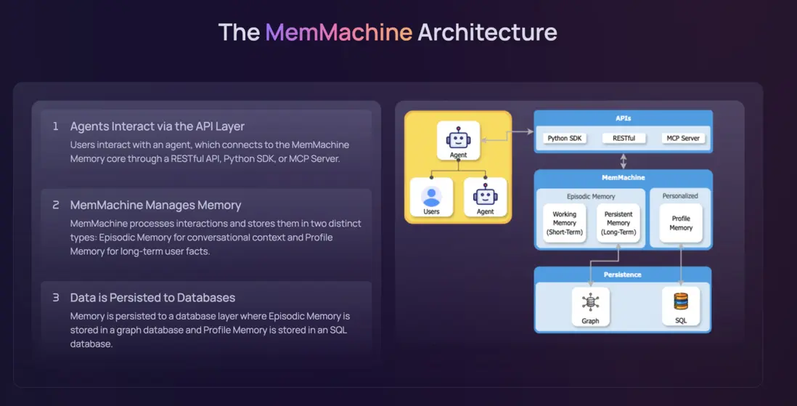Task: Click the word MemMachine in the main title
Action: [x=338, y=33]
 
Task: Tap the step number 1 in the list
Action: [x=55, y=126]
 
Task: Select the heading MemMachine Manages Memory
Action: [x=155, y=206]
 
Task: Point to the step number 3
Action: [x=55, y=298]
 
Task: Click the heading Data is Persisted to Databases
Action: [x=152, y=298]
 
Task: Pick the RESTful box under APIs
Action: [x=623, y=138]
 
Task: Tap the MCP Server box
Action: [x=683, y=138]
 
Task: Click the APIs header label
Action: [x=623, y=118]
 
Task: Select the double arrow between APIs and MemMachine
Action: [x=623, y=161]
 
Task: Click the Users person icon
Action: [x=431, y=196]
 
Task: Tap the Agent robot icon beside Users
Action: [x=485, y=195]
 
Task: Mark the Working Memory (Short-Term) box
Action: [x=564, y=223]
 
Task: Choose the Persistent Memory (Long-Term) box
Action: [x=618, y=223]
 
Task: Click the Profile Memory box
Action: [x=681, y=223]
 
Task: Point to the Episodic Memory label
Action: [x=591, y=196]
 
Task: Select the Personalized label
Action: [x=680, y=195]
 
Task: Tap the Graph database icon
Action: [x=590, y=301]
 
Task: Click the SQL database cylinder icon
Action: [x=681, y=301]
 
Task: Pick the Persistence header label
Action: [x=622, y=275]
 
